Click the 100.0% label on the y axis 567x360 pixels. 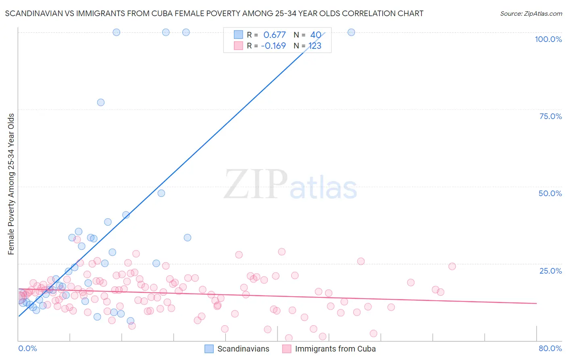(x=548, y=39)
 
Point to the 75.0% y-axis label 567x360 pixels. (x=550, y=116)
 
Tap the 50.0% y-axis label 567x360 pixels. (x=550, y=193)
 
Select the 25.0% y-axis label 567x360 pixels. (x=550, y=271)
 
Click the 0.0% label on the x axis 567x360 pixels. (x=27, y=348)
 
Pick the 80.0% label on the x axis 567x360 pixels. (x=550, y=348)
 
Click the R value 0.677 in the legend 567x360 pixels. (x=274, y=35)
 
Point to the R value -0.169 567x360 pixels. (x=273, y=46)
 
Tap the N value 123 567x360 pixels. (x=315, y=46)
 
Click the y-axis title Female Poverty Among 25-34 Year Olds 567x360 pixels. (x=11, y=184)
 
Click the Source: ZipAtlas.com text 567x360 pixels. (x=531, y=14)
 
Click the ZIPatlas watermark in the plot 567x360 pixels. (x=290, y=184)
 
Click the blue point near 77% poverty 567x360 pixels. (x=101, y=103)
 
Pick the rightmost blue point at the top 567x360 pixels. (x=351, y=32)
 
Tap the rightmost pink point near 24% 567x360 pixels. (x=452, y=266)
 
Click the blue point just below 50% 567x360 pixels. (x=161, y=193)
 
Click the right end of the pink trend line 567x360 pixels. (x=536, y=303)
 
